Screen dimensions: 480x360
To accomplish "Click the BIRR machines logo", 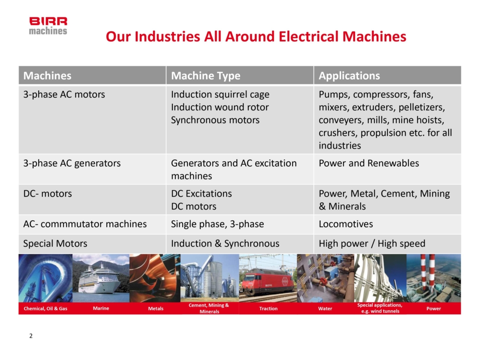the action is pyautogui.click(x=48, y=26).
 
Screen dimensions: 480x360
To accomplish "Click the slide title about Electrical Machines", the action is pyautogui.click(x=256, y=36).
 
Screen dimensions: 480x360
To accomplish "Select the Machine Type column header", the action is pyautogui.click(x=206, y=75).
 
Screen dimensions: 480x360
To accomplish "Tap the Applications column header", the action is pyautogui.click(x=350, y=75).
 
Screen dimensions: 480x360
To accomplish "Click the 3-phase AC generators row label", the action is pyautogui.click(x=72, y=163).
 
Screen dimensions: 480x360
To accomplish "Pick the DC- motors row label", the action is pyautogui.click(x=48, y=194).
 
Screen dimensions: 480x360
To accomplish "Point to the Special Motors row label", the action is pyautogui.click(x=55, y=244).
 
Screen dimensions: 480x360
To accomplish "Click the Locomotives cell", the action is pyautogui.click(x=346, y=224).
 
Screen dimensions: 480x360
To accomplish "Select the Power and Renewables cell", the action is pyautogui.click(x=369, y=163).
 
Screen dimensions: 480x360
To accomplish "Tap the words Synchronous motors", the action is pyautogui.click(x=215, y=120).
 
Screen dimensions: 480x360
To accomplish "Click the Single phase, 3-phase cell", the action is pyautogui.click(x=217, y=224).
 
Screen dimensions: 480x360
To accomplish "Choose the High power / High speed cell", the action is pyautogui.click(x=372, y=244).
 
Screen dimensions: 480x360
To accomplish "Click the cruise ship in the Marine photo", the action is pyautogui.click(x=99, y=279).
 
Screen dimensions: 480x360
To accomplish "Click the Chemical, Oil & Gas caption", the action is pyautogui.click(x=46, y=308).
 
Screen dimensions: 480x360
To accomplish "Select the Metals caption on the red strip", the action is pyautogui.click(x=156, y=308).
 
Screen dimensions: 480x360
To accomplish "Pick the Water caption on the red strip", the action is pyautogui.click(x=325, y=308).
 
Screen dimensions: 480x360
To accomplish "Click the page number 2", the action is pyautogui.click(x=31, y=336).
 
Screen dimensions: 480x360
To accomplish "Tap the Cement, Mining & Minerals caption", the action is pyautogui.click(x=209, y=308).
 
